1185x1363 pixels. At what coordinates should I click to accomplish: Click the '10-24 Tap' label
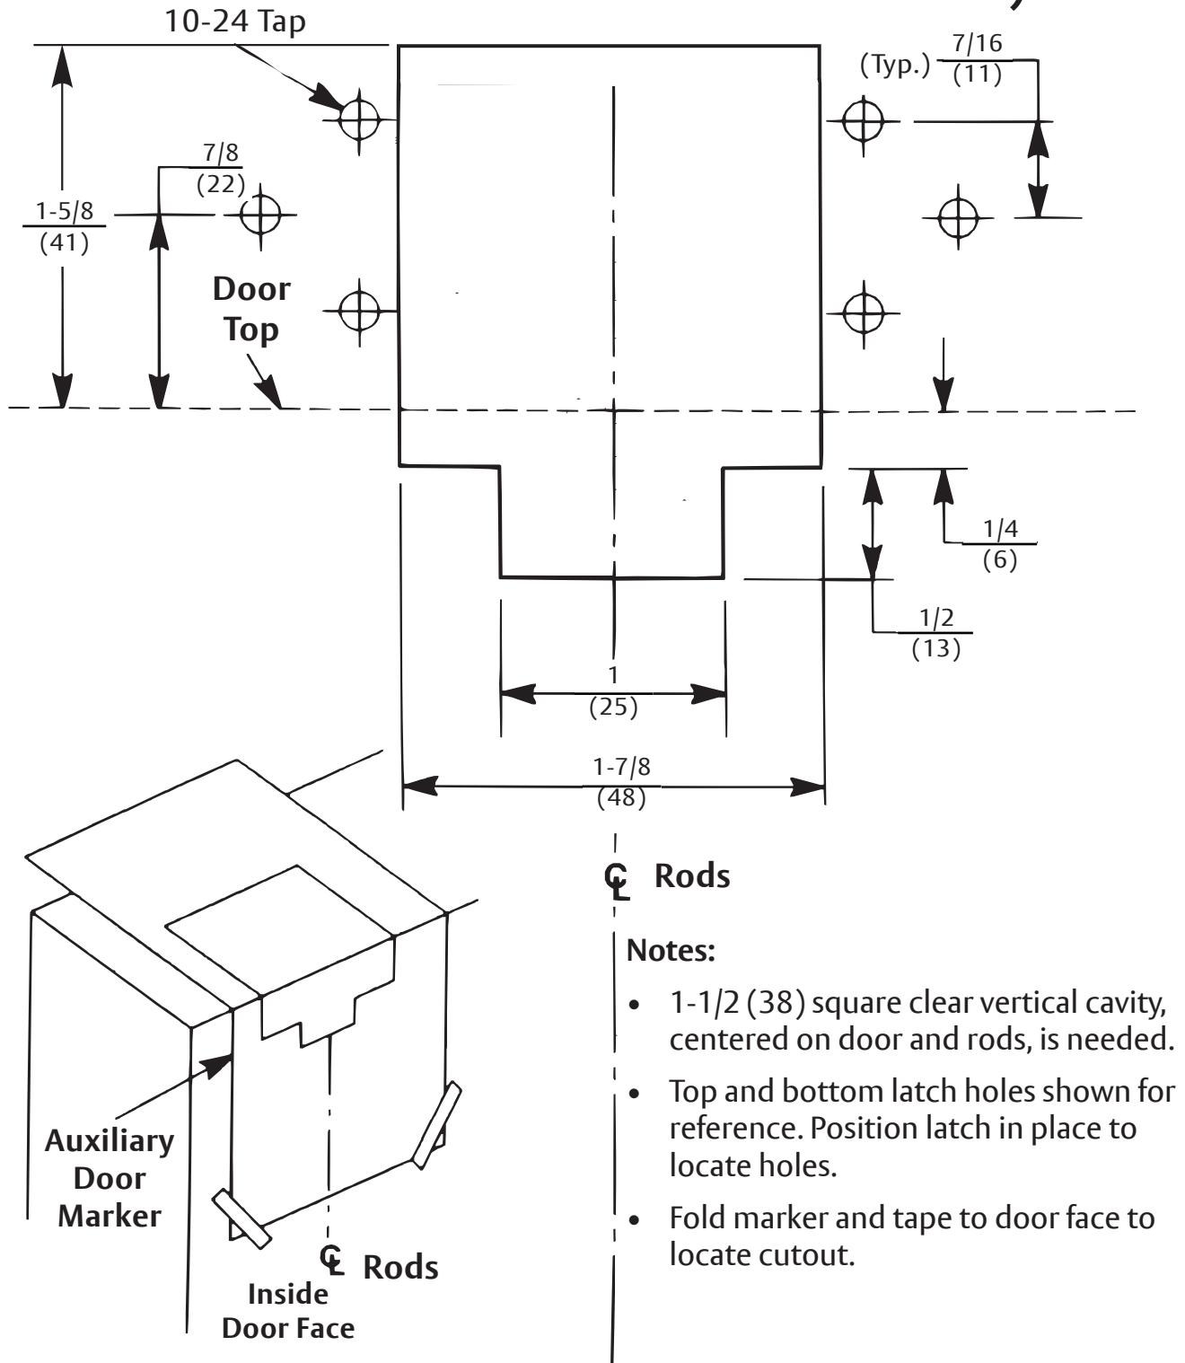[x=234, y=22]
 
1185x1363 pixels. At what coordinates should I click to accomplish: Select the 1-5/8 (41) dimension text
[x=64, y=227]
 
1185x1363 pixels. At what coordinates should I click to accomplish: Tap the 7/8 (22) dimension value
[x=221, y=168]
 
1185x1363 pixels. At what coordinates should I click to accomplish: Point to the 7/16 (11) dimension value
[x=977, y=58]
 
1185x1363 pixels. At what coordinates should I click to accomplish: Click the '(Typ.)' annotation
[x=894, y=66]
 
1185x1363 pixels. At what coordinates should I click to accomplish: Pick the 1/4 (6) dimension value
[x=1000, y=544]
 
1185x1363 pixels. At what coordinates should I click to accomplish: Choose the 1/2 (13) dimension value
[x=936, y=633]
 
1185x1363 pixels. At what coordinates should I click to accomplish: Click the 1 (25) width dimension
[x=613, y=691]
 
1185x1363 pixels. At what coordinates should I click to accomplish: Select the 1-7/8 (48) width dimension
[x=621, y=782]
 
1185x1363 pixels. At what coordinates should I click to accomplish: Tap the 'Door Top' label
[x=251, y=309]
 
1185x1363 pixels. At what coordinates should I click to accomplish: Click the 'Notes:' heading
[x=671, y=951]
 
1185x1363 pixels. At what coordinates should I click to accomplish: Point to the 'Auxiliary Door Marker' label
[x=110, y=1179]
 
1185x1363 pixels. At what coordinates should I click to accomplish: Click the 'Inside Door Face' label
[x=288, y=1311]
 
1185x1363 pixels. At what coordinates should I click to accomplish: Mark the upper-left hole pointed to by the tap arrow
[x=359, y=120]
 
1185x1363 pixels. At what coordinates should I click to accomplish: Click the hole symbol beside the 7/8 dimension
[x=260, y=215]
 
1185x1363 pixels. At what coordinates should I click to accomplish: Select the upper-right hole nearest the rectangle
[x=864, y=122]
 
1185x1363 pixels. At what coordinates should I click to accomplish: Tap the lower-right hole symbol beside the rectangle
[x=864, y=312]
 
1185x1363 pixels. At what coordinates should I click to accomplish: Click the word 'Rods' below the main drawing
[x=692, y=876]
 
